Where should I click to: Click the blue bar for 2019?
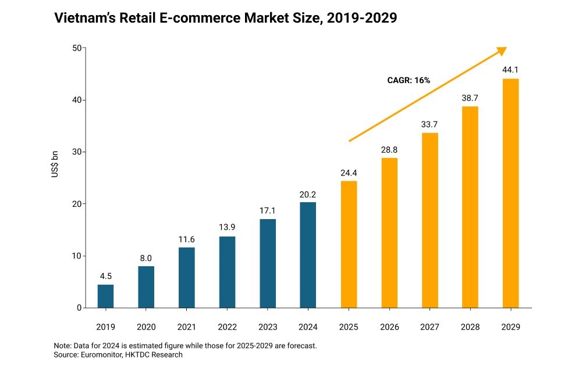[105, 296]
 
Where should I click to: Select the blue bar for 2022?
[227, 272]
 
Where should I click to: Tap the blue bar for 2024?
[308, 255]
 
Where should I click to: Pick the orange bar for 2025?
[349, 244]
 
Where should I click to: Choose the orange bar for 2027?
[430, 220]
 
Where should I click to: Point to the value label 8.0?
[146, 257]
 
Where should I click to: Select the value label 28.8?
[389, 149]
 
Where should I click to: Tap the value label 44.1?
[510, 70]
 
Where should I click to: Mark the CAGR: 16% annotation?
[409, 80]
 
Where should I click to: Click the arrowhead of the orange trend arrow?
[502, 51]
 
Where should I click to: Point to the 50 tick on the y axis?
[76, 48]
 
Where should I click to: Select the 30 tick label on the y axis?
[76, 152]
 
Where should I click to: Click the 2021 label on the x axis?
[187, 327]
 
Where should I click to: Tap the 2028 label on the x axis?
[470, 327]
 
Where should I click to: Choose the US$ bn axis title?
[55, 178]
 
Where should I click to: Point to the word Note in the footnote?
[62, 345]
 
